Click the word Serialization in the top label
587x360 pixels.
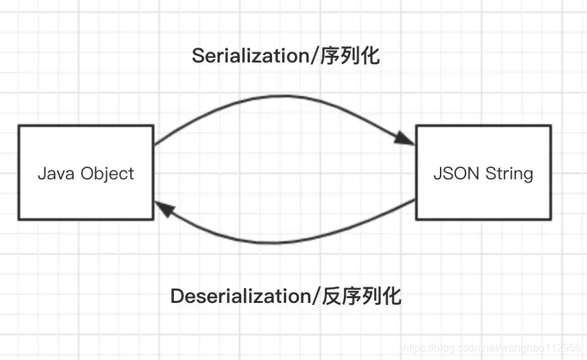(x=249, y=56)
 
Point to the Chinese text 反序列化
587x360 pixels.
(x=363, y=296)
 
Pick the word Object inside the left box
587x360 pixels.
(x=107, y=173)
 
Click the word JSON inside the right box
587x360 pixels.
(x=453, y=173)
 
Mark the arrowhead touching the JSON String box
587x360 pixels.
(x=405, y=139)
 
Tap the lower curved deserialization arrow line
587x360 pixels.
(x=282, y=242)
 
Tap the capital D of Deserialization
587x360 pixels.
(x=177, y=296)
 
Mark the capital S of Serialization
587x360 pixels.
(x=197, y=56)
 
